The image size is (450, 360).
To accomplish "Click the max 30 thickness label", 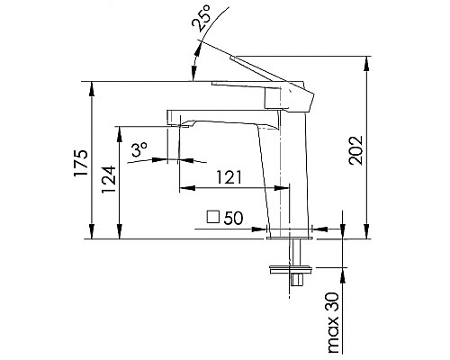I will click(x=333, y=321).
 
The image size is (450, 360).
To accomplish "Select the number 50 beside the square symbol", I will click(x=234, y=218).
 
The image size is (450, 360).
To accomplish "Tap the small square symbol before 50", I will click(x=212, y=218).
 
